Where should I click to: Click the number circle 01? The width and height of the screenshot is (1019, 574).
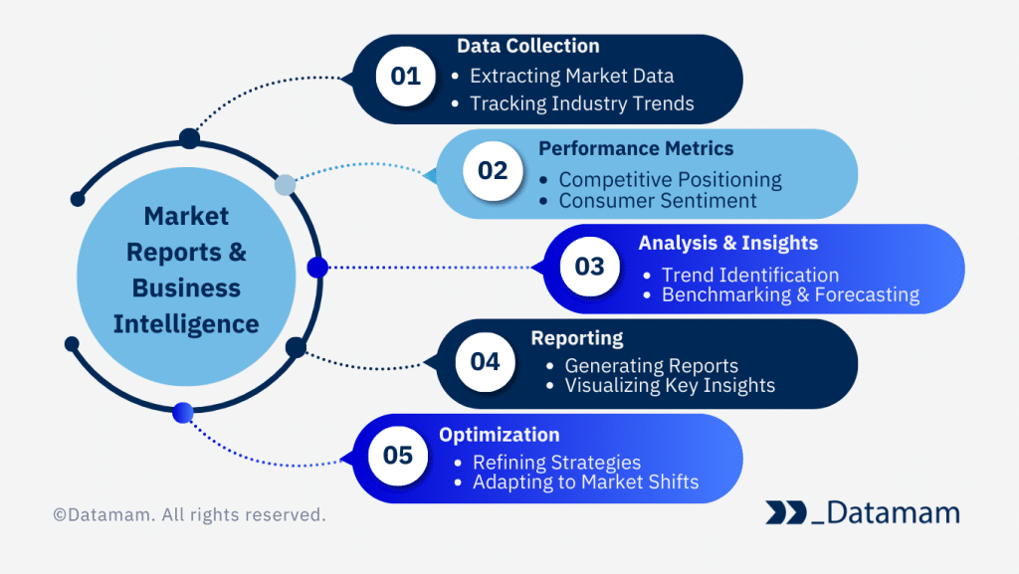pyautogui.click(x=405, y=77)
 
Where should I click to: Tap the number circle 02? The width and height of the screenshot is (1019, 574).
pyautogui.click(x=493, y=171)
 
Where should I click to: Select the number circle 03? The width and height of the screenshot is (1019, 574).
pyautogui.click(x=589, y=267)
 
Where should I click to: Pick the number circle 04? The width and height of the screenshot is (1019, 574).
pyautogui.click(x=485, y=361)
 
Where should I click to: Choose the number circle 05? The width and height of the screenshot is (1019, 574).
pyautogui.click(x=397, y=456)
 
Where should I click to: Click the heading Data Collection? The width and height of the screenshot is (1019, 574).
pyautogui.click(x=527, y=46)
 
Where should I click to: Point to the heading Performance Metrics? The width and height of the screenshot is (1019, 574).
pyautogui.click(x=636, y=148)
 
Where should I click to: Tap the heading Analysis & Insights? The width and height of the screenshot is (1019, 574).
pyautogui.click(x=727, y=243)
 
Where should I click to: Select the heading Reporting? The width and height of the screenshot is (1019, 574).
pyautogui.click(x=576, y=338)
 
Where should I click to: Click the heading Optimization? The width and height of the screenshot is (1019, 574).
pyautogui.click(x=499, y=435)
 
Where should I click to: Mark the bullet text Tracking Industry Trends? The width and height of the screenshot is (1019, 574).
pyautogui.click(x=581, y=103)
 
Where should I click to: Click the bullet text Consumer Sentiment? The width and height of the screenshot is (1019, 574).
pyautogui.click(x=657, y=201)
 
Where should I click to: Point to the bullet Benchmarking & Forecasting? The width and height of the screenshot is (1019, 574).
pyautogui.click(x=790, y=294)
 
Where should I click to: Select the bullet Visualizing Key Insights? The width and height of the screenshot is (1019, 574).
pyautogui.click(x=669, y=385)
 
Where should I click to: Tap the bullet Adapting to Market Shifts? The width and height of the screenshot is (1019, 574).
pyautogui.click(x=585, y=482)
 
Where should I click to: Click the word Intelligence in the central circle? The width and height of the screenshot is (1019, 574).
pyautogui.click(x=186, y=323)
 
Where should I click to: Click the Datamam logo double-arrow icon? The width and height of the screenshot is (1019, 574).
pyautogui.click(x=785, y=512)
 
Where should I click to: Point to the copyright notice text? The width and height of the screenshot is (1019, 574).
pyautogui.click(x=189, y=515)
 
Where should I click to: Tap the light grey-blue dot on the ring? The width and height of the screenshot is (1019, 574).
pyautogui.click(x=286, y=184)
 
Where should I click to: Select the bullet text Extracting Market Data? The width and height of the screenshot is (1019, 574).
pyautogui.click(x=571, y=76)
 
